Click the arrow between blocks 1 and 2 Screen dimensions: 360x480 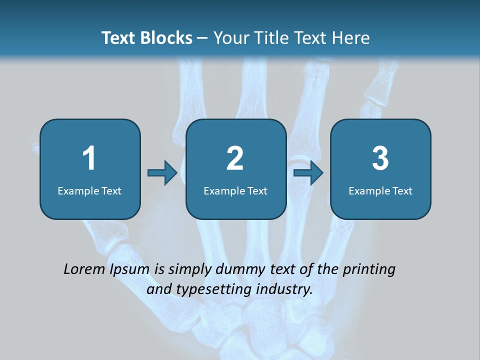click(162, 172)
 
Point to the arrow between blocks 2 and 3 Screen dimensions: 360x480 click(308, 172)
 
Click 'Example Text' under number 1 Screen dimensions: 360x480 click(89, 190)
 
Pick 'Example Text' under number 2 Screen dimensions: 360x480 click(235, 190)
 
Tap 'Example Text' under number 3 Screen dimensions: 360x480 click(380, 190)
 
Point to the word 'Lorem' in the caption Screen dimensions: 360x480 click(85, 269)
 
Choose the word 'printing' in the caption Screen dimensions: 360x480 click(369, 270)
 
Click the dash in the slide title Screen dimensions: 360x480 click(202, 38)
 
